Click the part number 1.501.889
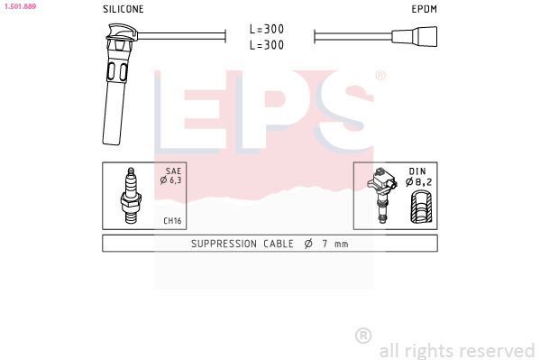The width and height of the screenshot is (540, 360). tap(20, 6)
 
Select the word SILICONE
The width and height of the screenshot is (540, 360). tap(124, 9)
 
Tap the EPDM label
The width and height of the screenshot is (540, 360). tap(425, 9)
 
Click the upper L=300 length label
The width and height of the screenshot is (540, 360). tap(267, 29)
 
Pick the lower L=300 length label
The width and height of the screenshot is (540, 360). tap(267, 45)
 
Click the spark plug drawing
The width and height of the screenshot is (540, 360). tap(131, 196)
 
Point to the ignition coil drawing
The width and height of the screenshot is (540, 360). tap(381, 195)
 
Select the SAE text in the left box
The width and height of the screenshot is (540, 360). tap(173, 171)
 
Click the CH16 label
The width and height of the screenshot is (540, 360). tap(172, 221)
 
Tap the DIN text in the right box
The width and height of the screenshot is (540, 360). tap(417, 171)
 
